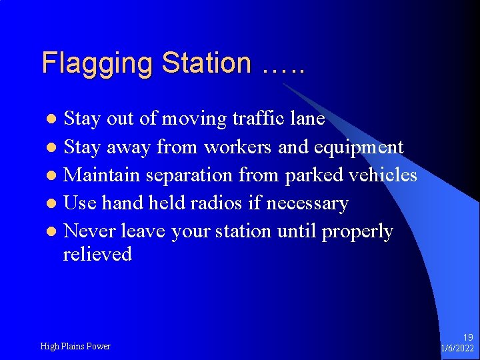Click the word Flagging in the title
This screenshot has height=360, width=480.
point(97,63)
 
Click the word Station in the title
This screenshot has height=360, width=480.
point(207,63)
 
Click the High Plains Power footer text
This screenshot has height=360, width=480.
point(75,346)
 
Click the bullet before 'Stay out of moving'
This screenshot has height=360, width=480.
point(53,120)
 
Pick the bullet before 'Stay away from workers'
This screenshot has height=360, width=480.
point(53,148)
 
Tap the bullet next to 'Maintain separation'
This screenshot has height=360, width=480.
point(53,176)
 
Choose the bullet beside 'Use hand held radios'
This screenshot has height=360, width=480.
point(53,204)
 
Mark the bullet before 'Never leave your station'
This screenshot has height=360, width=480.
point(53,232)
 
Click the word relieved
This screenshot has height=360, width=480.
point(97,254)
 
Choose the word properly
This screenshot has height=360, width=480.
point(357,231)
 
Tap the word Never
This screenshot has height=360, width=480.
point(89,231)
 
